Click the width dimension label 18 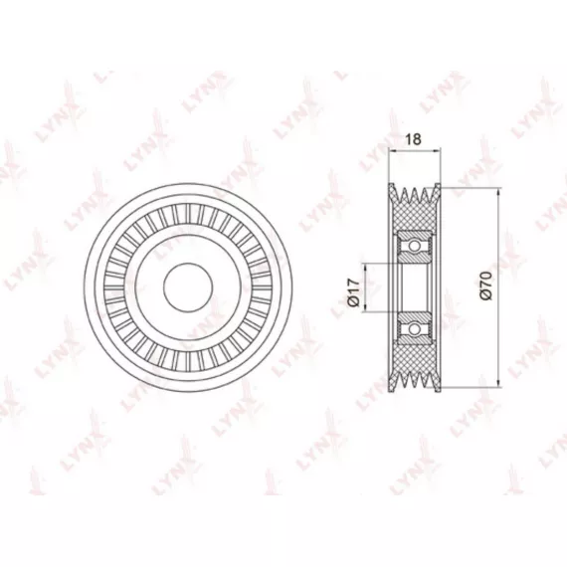pyautogui.click(x=414, y=139)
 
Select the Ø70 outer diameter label pyautogui.click(x=486, y=285)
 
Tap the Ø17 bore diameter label pyautogui.click(x=354, y=292)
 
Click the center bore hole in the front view pyautogui.click(x=188, y=287)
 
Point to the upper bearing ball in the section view pyautogui.click(x=414, y=246)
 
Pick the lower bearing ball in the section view pyautogui.click(x=414, y=329)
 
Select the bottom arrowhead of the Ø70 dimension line pyautogui.click(x=498, y=383)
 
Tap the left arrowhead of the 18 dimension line pyautogui.click(x=393, y=149)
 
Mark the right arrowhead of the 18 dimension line pyautogui.click(x=436, y=149)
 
